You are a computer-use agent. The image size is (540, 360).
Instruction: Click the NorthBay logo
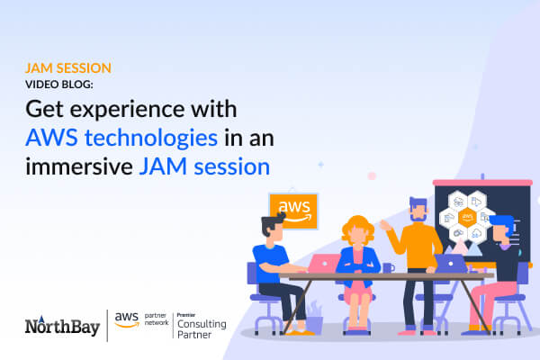click(61, 323)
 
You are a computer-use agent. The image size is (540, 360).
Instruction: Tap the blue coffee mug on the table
click(387, 267)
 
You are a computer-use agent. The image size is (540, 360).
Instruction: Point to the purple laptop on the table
click(449, 263)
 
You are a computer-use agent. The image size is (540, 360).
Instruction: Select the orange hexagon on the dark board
click(467, 217)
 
